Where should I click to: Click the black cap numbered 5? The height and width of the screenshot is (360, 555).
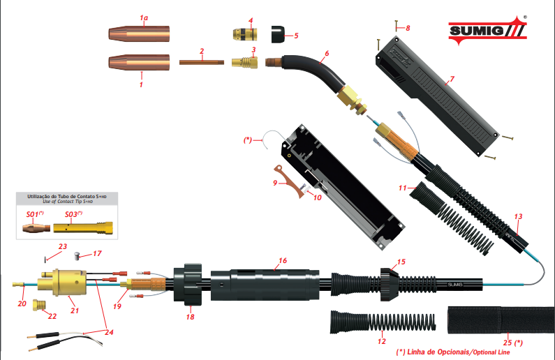coord(277,32)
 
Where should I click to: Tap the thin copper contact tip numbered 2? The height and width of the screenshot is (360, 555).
coord(201,62)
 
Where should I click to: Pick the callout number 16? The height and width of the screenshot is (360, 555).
coord(282,261)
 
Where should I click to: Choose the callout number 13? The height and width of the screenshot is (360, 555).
coord(517,216)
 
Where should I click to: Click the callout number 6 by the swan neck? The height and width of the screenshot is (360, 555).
coord(325,53)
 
